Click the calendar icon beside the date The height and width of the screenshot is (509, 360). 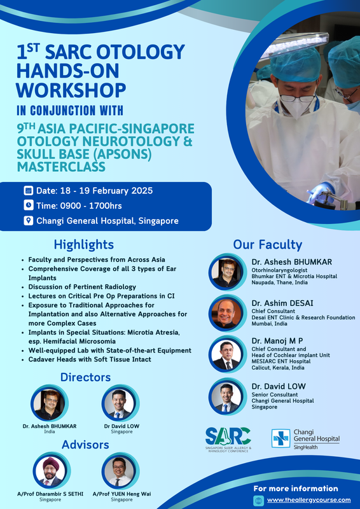28,190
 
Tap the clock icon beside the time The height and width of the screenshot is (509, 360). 28,206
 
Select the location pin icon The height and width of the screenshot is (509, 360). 28,221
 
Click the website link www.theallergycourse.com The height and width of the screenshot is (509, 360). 308,500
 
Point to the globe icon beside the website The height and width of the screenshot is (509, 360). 258,500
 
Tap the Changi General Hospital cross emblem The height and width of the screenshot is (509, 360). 280,438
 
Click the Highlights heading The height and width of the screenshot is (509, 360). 84,244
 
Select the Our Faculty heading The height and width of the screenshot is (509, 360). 268,245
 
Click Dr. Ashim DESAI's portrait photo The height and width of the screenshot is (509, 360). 226,313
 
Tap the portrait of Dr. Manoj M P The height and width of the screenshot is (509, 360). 226,354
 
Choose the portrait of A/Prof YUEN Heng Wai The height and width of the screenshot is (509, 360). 119,471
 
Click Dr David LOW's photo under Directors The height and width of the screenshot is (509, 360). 119,403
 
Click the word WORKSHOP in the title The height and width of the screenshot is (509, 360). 71,90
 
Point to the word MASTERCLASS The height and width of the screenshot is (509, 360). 61,167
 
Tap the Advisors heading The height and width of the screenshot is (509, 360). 85,444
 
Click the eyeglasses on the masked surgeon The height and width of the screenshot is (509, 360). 297,98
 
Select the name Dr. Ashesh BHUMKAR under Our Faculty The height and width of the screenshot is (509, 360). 292,262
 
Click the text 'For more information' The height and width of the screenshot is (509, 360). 296,489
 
